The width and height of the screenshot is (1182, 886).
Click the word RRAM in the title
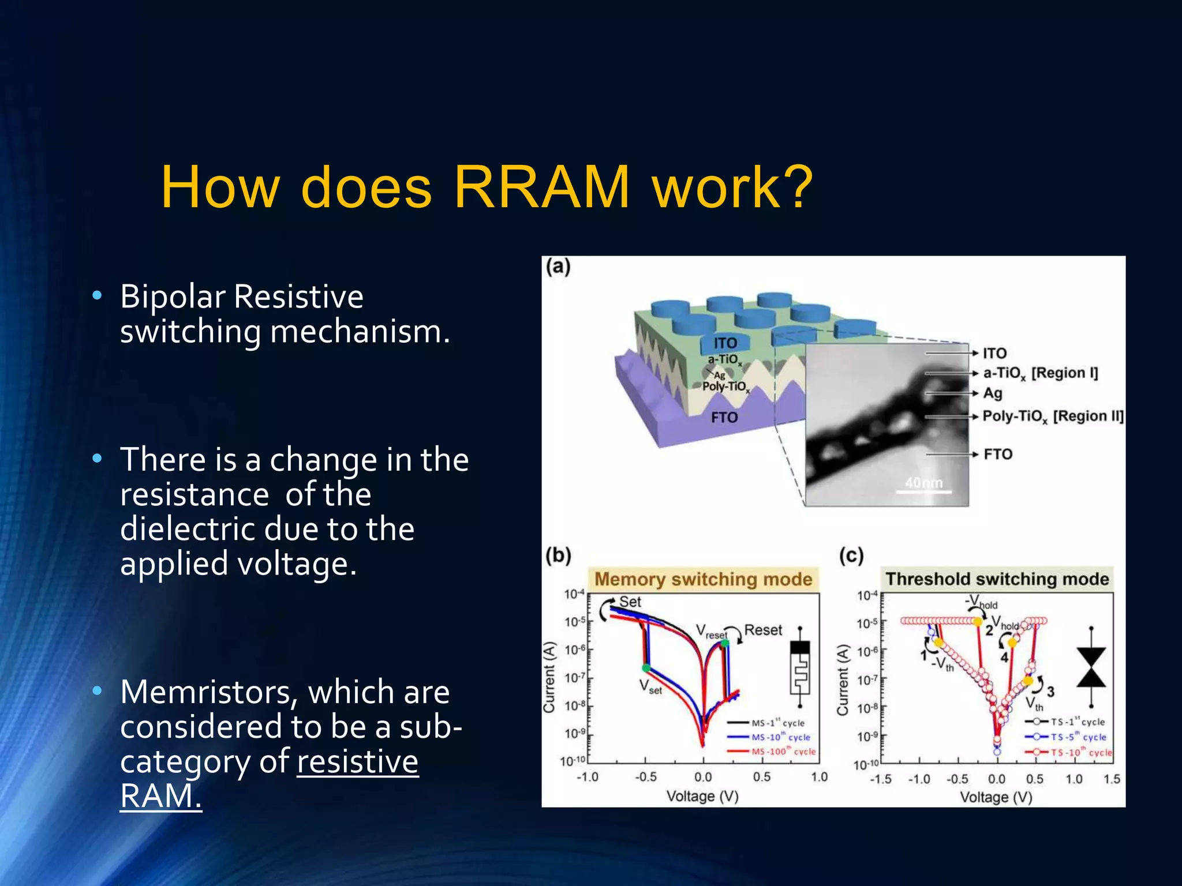click(541, 187)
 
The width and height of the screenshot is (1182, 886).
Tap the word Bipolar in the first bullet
click(172, 296)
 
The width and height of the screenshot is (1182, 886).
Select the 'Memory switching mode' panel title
click(703, 579)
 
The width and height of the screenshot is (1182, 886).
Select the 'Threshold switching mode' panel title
click(997, 579)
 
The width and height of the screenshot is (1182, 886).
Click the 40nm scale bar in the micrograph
click(923, 488)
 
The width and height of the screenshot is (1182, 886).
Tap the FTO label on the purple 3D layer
click(724, 417)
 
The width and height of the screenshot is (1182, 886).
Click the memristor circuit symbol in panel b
click(800, 667)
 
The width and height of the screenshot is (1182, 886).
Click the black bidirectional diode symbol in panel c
click(1091, 667)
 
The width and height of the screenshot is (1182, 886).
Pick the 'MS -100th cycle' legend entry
click(783, 752)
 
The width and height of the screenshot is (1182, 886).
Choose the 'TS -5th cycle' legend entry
click(1077, 737)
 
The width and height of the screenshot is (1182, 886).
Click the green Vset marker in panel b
click(646, 668)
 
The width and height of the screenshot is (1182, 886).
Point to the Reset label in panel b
click(763, 630)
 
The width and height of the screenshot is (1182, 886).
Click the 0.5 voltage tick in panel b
click(761, 777)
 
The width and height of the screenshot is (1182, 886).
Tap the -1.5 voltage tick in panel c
click(881, 779)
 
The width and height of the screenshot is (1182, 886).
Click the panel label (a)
click(558, 267)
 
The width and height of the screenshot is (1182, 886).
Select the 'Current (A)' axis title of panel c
click(843, 681)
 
